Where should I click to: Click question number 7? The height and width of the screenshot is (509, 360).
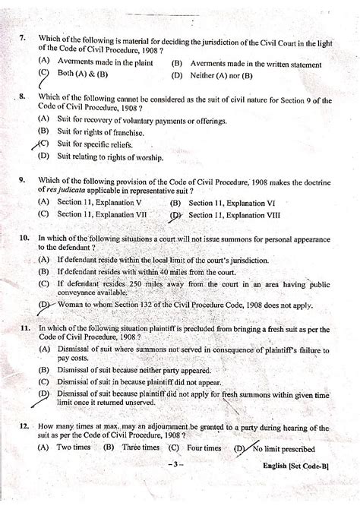click(24, 38)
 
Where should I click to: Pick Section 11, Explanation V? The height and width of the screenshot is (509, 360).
click(98, 204)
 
